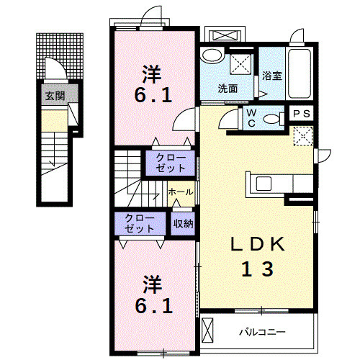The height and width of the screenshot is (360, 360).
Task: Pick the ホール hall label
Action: point(179,192)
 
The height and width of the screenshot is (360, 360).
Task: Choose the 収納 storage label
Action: point(183,223)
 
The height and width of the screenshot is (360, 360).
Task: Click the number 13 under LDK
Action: point(256,270)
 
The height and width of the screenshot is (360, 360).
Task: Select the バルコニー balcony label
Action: point(262,333)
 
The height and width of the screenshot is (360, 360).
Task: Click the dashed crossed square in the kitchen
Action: point(303,136)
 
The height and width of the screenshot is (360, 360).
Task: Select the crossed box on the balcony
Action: point(208,333)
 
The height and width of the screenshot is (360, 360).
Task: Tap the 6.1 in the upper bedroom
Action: point(152,96)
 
